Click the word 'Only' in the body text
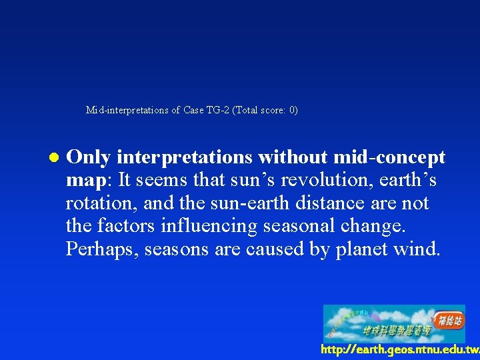tap(89, 157)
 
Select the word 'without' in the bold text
tap(293, 157)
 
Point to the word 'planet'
tap(355, 249)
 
